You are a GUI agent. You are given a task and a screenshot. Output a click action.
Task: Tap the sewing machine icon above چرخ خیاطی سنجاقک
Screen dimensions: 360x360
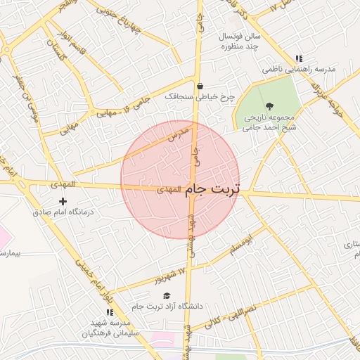(x=200, y=86)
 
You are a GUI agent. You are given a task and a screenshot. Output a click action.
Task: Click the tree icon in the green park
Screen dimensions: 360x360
(x=270, y=105)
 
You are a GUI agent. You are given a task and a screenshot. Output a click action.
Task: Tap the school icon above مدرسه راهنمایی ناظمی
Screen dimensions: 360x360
(x=299, y=59)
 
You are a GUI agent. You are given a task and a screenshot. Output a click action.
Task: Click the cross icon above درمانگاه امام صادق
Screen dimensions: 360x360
(x=63, y=202)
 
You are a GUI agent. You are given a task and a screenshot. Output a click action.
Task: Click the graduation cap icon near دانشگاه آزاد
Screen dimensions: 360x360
(x=167, y=295)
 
